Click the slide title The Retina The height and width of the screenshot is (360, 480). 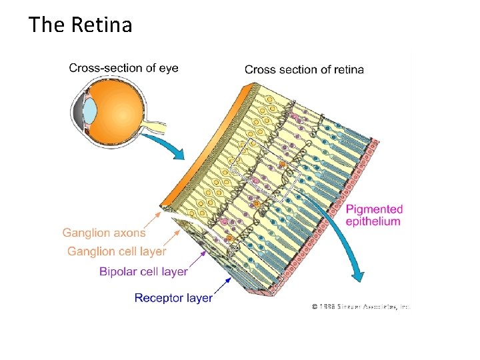pyautogui.click(x=80, y=25)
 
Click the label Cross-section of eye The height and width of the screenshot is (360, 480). pyautogui.click(x=123, y=68)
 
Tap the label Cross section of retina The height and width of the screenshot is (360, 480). pyautogui.click(x=304, y=69)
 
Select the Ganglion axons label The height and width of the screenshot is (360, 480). pyautogui.click(x=104, y=233)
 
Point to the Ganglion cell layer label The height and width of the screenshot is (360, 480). pyautogui.click(x=117, y=251)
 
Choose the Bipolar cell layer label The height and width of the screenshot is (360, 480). pyautogui.click(x=143, y=271)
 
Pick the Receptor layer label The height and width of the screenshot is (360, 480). pyautogui.click(x=173, y=298)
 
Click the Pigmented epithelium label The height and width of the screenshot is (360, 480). pyautogui.click(x=374, y=215)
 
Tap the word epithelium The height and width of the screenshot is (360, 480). pyautogui.click(x=373, y=221)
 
